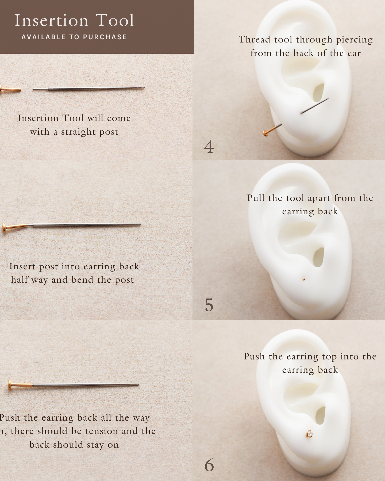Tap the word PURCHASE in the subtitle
pyautogui.click(x=105, y=37)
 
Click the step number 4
pyautogui.click(x=209, y=147)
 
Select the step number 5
pyautogui.click(x=209, y=305)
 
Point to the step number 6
pyautogui.click(x=209, y=465)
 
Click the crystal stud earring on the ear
pyautogui.click(x=310, y=434)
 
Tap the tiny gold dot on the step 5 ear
pyautogui.click(x=304, y=280)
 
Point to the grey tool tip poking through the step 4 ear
pyautogui.click(x=314, y=106)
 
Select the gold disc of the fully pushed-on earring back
pyautogui.click(x=10, y=385)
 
